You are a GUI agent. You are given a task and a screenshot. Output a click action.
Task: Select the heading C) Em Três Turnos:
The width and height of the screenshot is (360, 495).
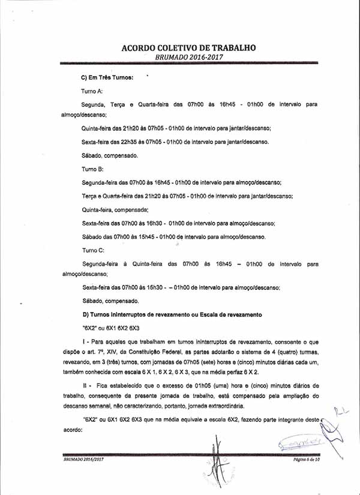pos(107,78)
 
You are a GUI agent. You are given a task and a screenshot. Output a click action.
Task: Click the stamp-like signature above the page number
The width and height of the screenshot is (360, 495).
pos(300,445)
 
